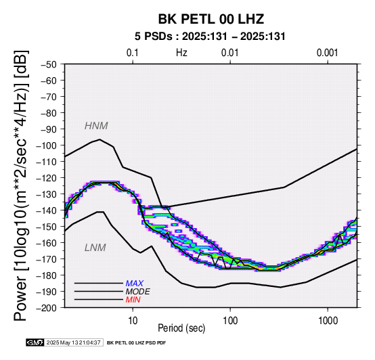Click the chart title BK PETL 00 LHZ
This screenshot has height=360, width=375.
click(x=211, y=19)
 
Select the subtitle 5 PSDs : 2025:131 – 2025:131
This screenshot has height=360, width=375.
click(x=210, y=37)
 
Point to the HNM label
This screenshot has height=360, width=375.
click(x=96, y=126)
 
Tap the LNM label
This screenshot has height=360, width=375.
click(x=95, y=248)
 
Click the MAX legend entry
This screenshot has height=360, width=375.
click(x=135, y=284)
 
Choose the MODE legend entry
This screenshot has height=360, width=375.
click(x=138, y=292)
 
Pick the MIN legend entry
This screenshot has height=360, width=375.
click(x=133, y=300)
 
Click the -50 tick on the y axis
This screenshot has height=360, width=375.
click(x=49, y=64)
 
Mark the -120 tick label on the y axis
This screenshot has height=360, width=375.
click(x=46, y=178)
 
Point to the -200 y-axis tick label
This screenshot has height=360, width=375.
click(x=46, y=308)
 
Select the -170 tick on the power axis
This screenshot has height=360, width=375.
click(x=46, y=259)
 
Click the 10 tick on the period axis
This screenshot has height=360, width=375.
click(x=133, y=321)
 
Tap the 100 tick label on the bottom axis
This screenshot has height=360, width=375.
click(x=230, y=321)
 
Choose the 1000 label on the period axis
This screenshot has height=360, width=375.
click(x=328, y=321)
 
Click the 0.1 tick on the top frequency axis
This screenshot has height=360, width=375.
click(x=133, y=53)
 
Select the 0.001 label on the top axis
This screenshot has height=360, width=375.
click(x=328, y=53)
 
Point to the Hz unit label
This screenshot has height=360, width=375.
click(x=181, y=53)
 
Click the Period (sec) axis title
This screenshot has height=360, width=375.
click(x=181, y=328)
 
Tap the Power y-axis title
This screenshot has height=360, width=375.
click(x=20, y=185)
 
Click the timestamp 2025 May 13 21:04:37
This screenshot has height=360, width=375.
click(x=73, y=343)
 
